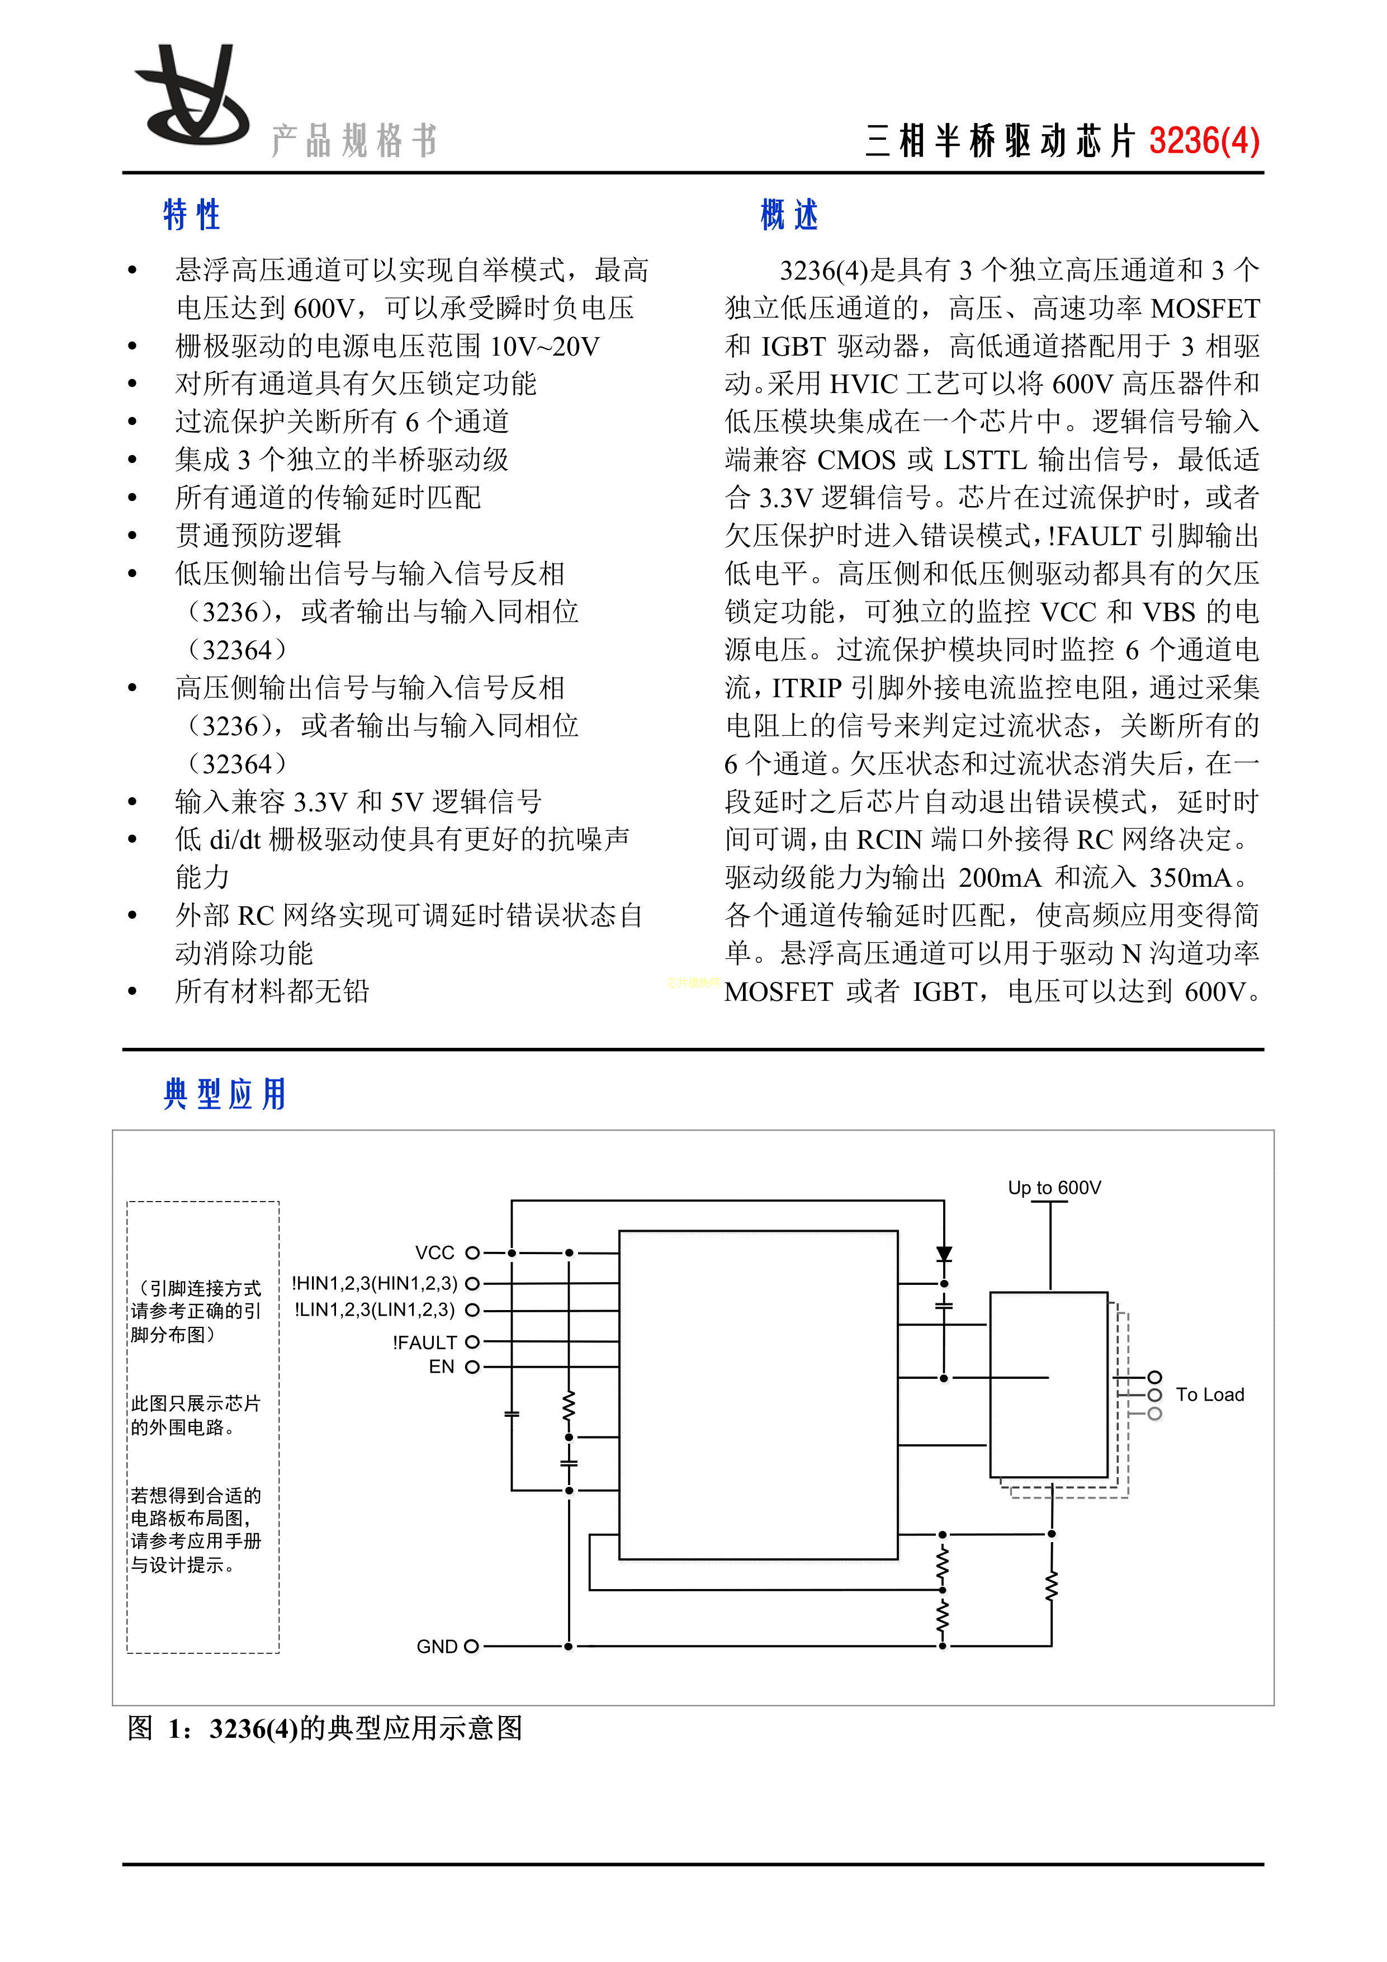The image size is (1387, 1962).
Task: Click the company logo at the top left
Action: click(193, 96)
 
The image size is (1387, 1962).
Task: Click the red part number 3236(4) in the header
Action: click(1203, 141)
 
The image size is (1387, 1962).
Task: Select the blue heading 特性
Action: click(191, 215)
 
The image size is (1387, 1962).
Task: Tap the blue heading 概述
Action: click(789, 215)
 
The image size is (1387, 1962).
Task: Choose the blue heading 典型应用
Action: click(225, 1094)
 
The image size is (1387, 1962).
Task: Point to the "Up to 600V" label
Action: click(1054, 1187)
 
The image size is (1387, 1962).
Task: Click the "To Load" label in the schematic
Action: click(1209, 1394)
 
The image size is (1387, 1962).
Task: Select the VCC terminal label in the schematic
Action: click(435, 1253)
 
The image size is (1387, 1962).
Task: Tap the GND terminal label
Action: click(437, 1647)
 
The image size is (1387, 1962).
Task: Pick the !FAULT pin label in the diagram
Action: click(425, 1342)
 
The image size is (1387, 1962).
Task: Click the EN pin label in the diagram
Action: click(441, 1367)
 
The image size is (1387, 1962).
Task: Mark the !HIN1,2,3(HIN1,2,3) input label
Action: click(375, 1284)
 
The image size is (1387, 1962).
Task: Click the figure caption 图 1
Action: click(325, 1728)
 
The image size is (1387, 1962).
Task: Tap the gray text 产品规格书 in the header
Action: click(354, 141)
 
